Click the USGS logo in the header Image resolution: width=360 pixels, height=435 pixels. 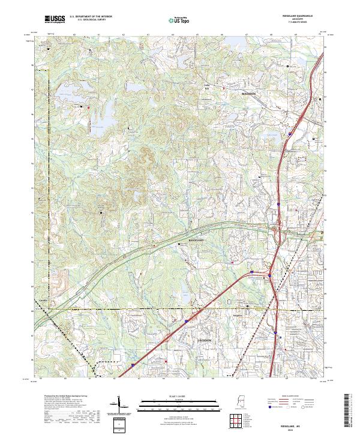[x=54, y=20]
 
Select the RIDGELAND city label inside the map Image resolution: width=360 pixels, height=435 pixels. [x=196, y=240]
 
